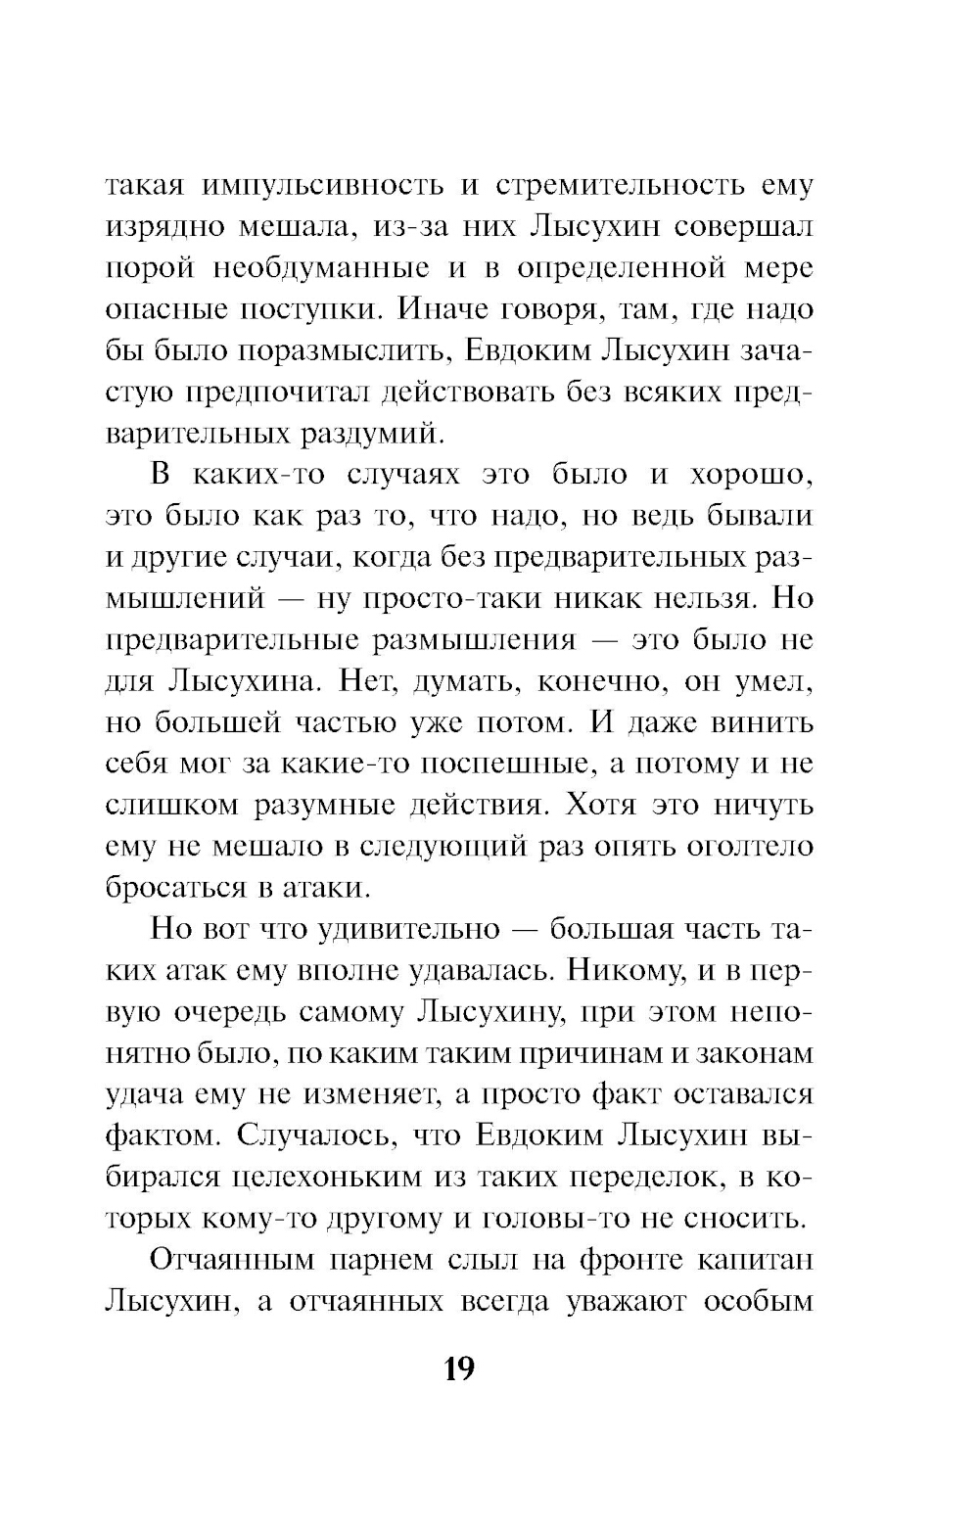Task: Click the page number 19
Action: [458, 1367]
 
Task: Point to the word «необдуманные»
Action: [321, 268]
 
